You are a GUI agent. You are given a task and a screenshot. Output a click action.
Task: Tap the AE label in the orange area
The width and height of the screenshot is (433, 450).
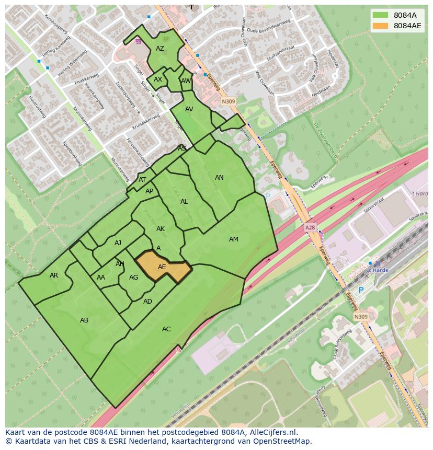click(x=162, y=267)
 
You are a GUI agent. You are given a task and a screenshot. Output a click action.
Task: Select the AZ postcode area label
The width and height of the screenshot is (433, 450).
click(x=160, y=49)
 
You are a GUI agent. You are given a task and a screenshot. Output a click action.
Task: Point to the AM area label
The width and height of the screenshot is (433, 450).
click(x=234, y=239)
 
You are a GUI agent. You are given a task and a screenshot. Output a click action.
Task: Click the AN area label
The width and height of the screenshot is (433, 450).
click(x=219, y=178)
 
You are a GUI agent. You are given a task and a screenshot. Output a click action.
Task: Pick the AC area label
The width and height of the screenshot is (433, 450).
click(x=166, y=329)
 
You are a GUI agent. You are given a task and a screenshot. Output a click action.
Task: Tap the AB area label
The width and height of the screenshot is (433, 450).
click(x=84, y=320)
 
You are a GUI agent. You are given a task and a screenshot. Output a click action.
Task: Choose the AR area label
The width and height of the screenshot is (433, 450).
click(x=54, y=275)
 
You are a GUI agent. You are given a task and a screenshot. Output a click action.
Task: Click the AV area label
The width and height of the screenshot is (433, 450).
click(x=189, y=109)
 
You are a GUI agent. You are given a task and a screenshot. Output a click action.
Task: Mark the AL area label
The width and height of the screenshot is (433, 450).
click(x=184, y=202)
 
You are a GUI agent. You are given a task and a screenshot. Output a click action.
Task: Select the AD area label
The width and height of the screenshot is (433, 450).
click(x=147, y=302)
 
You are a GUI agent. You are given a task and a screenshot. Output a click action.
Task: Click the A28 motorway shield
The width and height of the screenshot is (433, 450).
click(x=310, y=228)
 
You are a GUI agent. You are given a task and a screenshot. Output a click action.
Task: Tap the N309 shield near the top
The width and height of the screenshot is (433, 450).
click(x=228, y=101)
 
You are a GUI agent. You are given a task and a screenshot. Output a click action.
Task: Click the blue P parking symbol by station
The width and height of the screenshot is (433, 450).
click(x=360, y=290)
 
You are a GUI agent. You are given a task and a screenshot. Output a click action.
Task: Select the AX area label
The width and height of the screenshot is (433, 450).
click(x=158, y=80)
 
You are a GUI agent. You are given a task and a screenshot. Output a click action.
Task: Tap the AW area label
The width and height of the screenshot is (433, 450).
click(x=186, y=81)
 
